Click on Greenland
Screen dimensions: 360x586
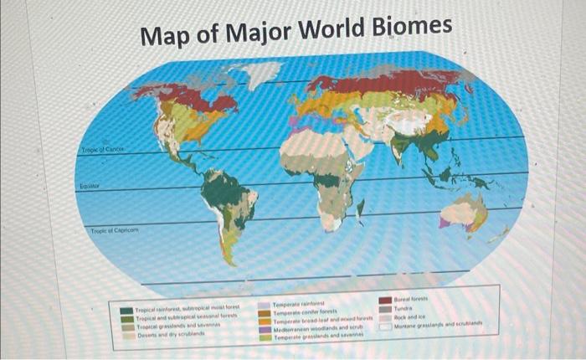click(x=261, y=74)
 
